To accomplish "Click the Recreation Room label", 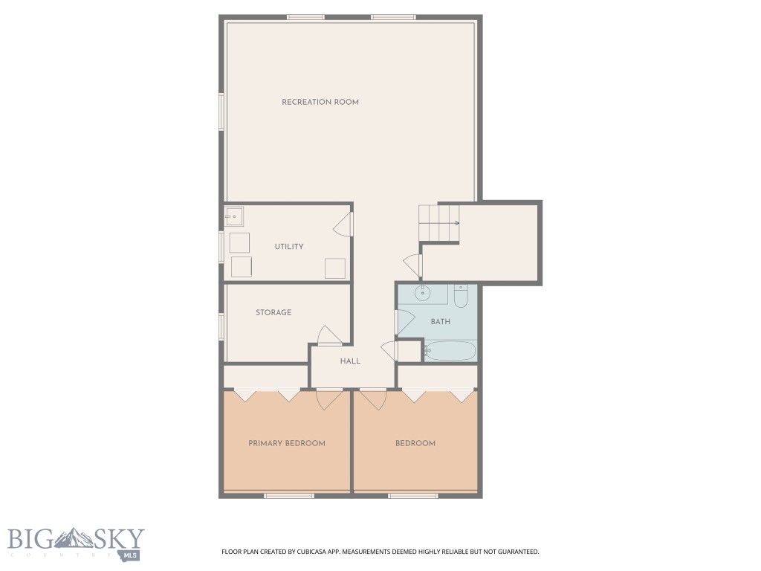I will tap(320, 102).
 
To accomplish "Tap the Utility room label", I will tap(288, 247).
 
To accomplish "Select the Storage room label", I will tap(273, 313).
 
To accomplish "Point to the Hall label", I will tap(350, 361).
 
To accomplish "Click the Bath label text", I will tap(440, 322).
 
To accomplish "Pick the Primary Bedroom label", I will tap(286, 443).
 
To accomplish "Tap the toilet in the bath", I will tap(460, 297).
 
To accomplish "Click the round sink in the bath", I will tap(424, 293).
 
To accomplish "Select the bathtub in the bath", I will tap(450, 350).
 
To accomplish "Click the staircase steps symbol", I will tap(439, 222).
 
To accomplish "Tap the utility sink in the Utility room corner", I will tap(234, 217).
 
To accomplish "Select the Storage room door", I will tap(329, 336).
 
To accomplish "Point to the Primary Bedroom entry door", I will tap(329, 400).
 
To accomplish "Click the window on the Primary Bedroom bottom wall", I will tap(289, 495).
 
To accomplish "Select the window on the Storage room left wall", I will tap(221, 326).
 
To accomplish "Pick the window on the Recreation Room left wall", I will tap(221, 112).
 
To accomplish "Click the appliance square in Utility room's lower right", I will tap(335, 268).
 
